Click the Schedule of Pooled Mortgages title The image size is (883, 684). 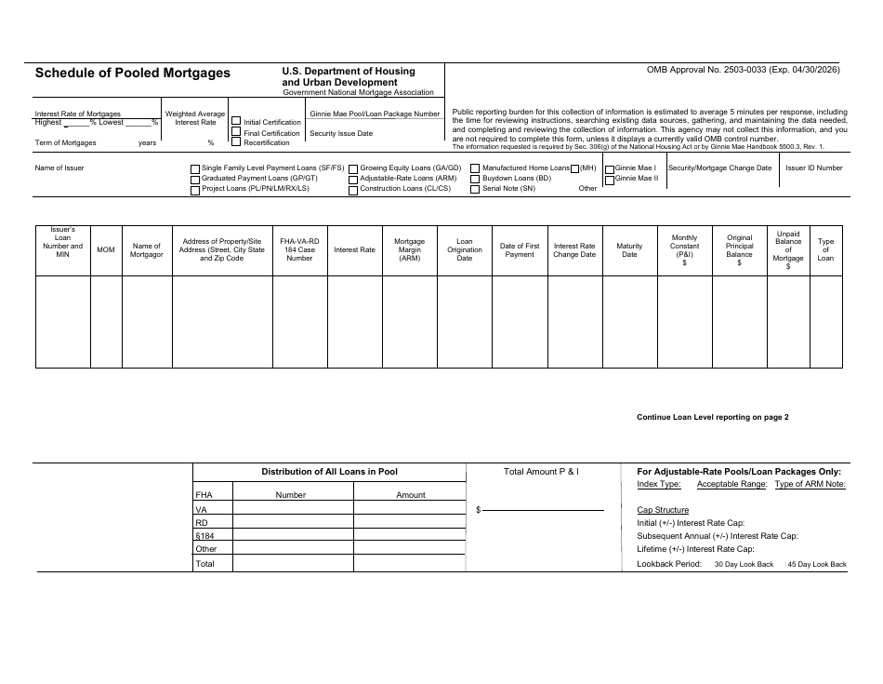[x=134, y=74]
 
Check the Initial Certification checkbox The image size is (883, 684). [x=236, y=122]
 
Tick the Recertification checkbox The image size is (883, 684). [x=236, y=143]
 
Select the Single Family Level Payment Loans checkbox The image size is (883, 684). [x=195, y=168]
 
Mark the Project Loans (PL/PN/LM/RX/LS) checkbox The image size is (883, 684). [x=195, y=189]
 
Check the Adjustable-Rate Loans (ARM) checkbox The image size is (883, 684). [x=353, y=179]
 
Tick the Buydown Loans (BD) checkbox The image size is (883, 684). [x=475, y=179]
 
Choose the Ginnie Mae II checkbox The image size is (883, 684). [x=609, y=179]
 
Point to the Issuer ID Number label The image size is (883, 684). [x=813, y=168]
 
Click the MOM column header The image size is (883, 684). [x=106, y=249]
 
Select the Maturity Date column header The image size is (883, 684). [x=629, y=249]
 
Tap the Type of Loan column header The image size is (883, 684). [x=825, y=249]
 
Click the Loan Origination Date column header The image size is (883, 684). [x=465, y=249]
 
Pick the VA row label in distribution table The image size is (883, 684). [x=201, y=510]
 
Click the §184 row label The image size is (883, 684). [x=204, y=536]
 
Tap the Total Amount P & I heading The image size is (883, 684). [x=541, y=472]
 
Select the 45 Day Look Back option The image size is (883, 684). [x=817, y=564]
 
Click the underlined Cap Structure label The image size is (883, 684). [x=663, y=510]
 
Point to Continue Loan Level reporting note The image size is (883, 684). [x=712, y=417]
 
